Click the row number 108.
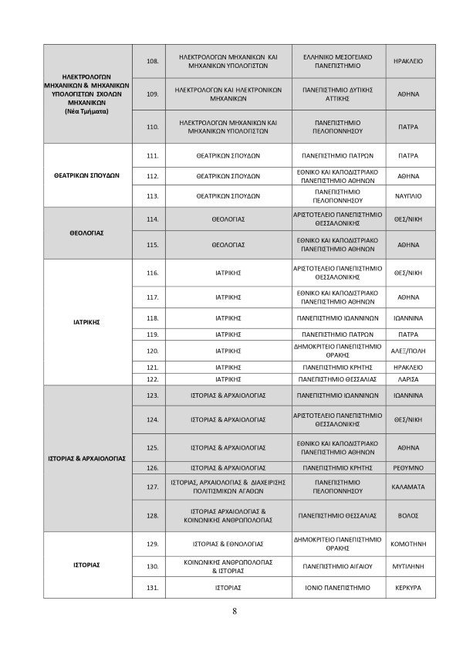pos(152,61)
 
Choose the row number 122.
pos(152,380)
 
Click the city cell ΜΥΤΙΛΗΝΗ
pos(407,566)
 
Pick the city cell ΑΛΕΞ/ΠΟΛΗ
pos(407,351)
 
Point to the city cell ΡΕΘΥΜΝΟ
pos(407,467)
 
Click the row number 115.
pos(152,245)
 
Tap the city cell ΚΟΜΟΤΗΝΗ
pos(407,544)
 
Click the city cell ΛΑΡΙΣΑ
pos(407,380)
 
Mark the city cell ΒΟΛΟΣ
pos(407,514)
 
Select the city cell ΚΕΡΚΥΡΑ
pos(407,588)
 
